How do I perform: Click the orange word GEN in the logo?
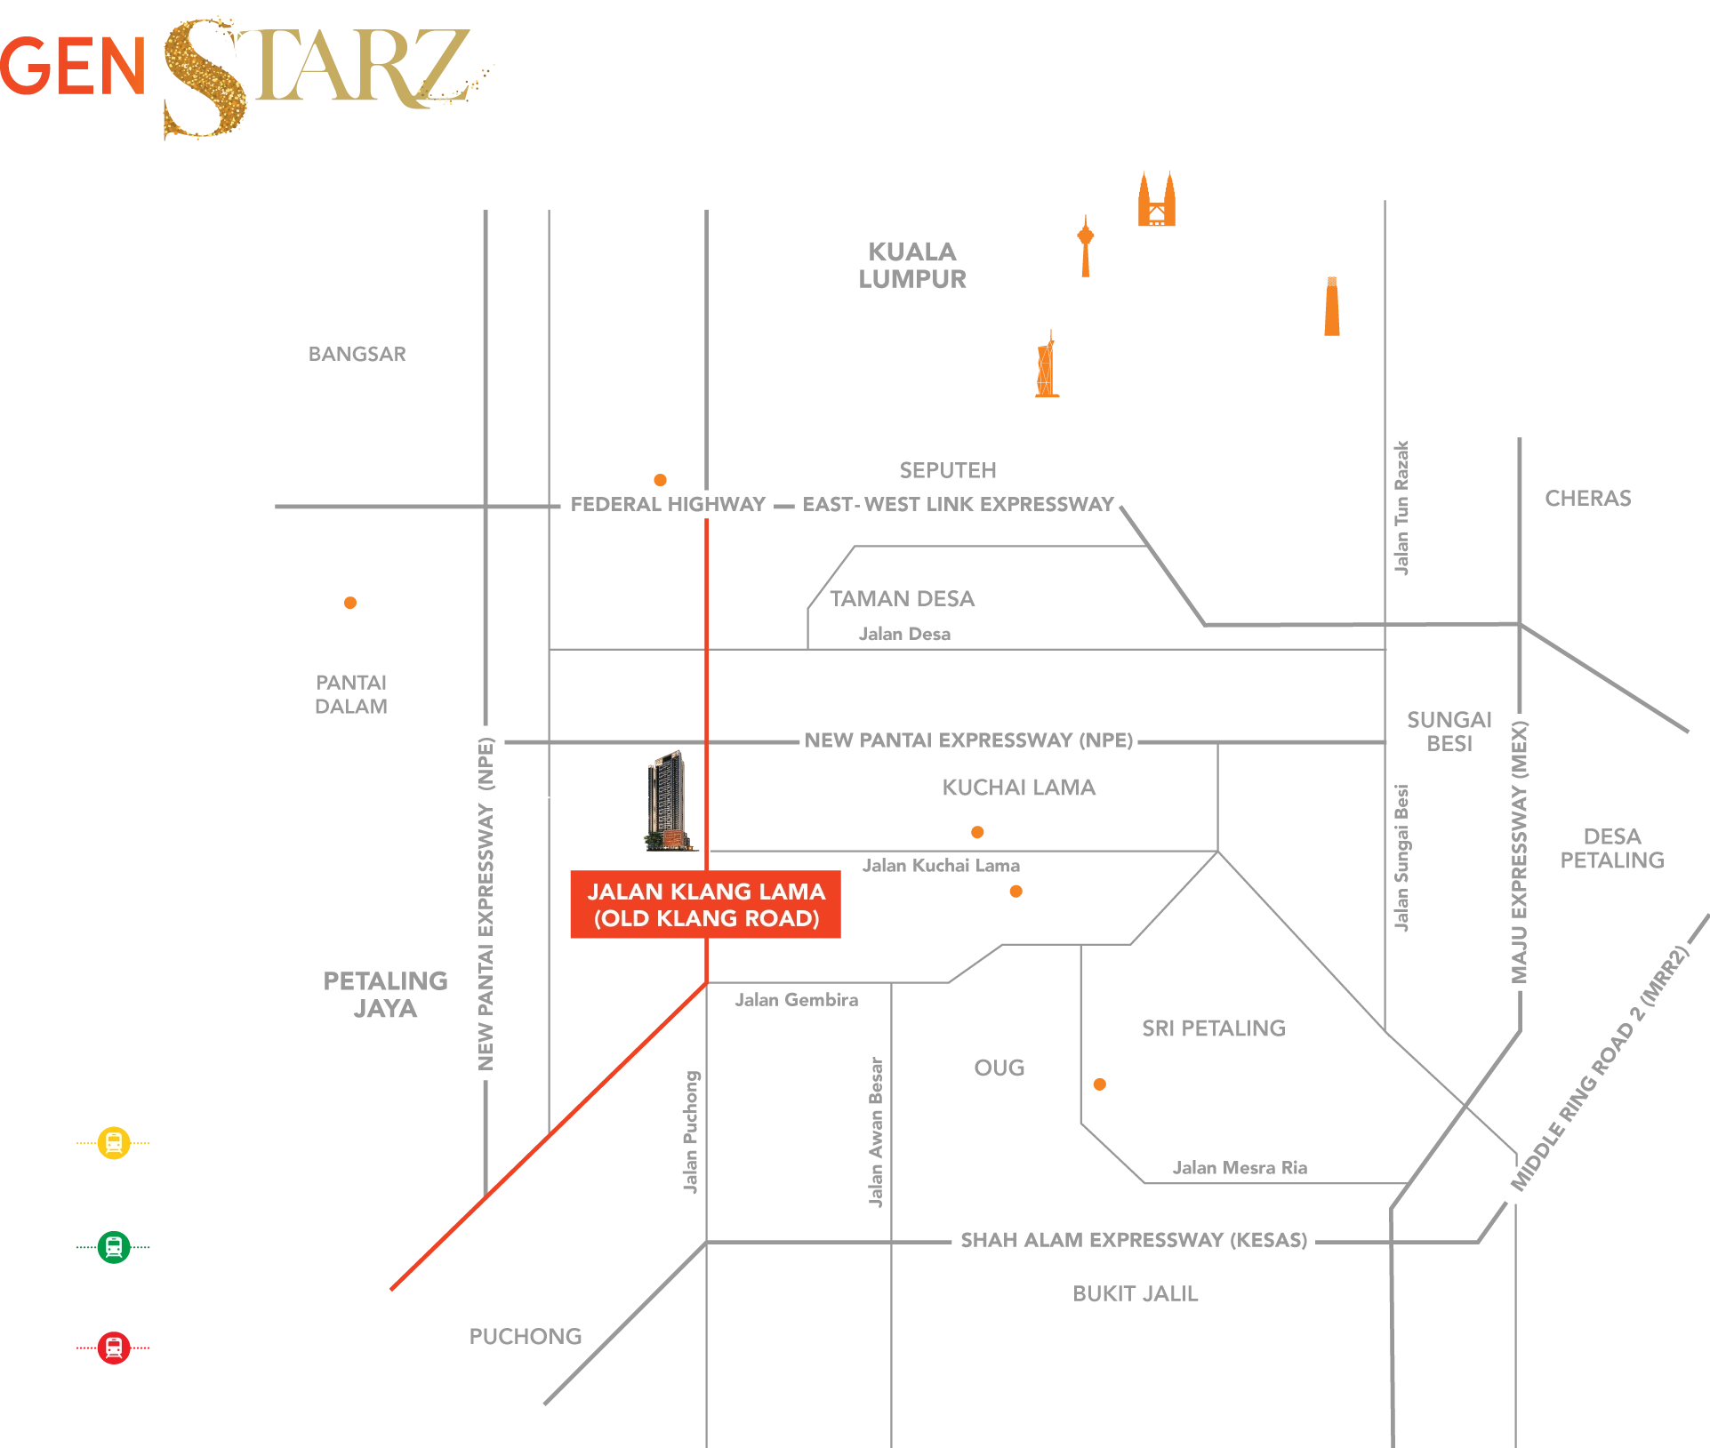73,67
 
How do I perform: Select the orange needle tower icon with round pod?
1085,244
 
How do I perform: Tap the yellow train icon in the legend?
114,1142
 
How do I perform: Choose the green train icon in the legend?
114,1247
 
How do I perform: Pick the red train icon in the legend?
114,1348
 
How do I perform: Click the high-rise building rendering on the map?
667,800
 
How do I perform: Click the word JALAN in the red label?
621,892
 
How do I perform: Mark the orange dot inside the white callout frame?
350,602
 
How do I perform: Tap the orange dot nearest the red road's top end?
660,480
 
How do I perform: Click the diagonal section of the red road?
551,1133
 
